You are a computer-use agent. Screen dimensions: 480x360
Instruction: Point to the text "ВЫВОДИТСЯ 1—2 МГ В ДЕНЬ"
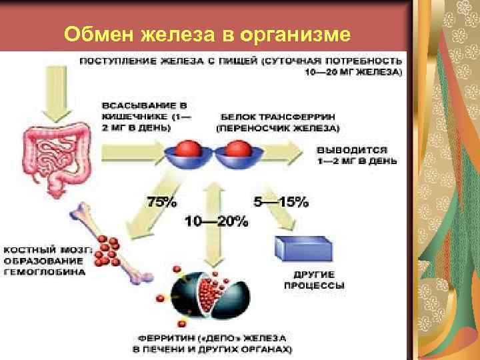(x=357, y=155)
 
